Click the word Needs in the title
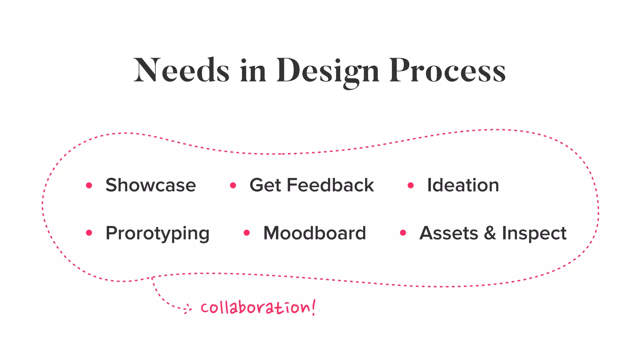tap(181, 70)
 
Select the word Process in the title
tap(447, 70)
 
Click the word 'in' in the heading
tap(253, 70)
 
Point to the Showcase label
tap(151, 185)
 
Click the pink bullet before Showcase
tap(89, 186)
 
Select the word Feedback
tap(330, 185)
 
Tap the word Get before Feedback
tap(265, 185)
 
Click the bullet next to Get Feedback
tap(233, 186)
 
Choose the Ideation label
tap(463, 185)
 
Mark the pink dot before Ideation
tap(411, 186)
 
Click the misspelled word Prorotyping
tap(157, 233)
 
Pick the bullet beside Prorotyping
tap(89, 233)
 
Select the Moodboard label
tap(314, 233)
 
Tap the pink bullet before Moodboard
tap(247, 233)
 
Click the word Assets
tap(448, 233)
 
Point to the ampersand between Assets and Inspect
tap(490, 233)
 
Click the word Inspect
tap(534, 233)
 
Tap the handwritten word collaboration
tap(257, 307)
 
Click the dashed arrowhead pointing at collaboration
tap(187, 309)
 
